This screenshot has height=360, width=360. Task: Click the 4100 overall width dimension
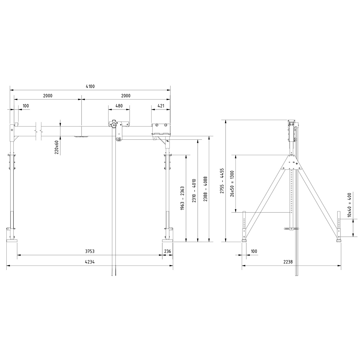pyautogui.click(x=90, y=86)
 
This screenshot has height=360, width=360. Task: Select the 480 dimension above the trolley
pyautogui.click(x=119, y=106)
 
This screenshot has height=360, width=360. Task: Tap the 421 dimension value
pyautogui.click(x=161, y=106)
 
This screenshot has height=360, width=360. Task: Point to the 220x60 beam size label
pyautogui.click(x=57, y=147)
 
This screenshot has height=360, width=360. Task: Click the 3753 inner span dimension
pyautogui.click(x=90, y=251)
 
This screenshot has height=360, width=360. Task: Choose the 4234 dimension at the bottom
pyautogui.click(x=90, y=262)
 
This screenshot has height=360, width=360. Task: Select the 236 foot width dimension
pyautogui.click(x=167, y=251)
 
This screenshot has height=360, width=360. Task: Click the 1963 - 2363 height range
pyautogui.click(x=182, y=198)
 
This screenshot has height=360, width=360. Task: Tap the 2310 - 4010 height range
pyautogui.click(x=194, y=191)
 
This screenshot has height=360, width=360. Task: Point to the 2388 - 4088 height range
pyautogui.click(x=205, y=189)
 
